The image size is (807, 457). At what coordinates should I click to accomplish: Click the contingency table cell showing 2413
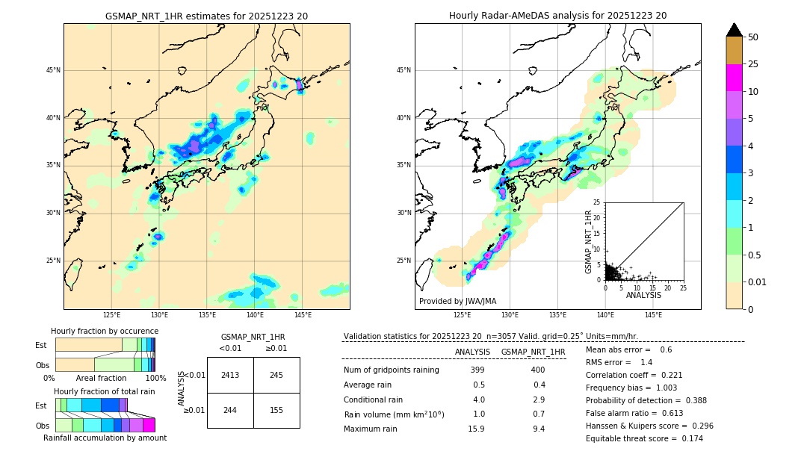pyautogui.click(x=230, y=375)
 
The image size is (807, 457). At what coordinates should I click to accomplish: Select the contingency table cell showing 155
pyautogui.click(x=276, y=411)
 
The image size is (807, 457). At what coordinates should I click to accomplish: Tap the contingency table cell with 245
pyautogui.click(x=276, y=375)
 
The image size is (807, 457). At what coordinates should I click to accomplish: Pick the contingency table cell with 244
pyautogui.click(x=230, y=411)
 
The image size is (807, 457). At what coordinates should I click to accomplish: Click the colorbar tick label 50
pyautogui.click(x=753, y=37)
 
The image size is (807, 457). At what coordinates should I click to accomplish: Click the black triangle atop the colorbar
pyautogui.click(x=735, y=30)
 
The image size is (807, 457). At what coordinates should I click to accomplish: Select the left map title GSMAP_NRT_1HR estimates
pyautogui.click(x=206, y=16)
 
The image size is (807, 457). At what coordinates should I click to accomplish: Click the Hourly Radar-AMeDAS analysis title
pyautogui.click(x=557, y=16)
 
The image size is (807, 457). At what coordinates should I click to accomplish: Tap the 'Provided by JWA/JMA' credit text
pyautogui.click(x=457, y=302)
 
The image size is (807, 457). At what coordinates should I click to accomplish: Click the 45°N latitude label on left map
pyautogui.click(x=53, y=70)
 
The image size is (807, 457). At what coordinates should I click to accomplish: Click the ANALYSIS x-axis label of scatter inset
pyautogui.click(x=643, y=296)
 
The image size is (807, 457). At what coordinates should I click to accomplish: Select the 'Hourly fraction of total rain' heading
pyautogui.click(x=105, y=391)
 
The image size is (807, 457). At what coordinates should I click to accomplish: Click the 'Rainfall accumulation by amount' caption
pyautogui.click(x=105, y=438)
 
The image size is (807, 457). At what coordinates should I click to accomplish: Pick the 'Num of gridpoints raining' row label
pyautogui.click(x=391, y=370)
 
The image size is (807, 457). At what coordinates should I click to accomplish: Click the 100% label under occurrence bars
pyautogui.click(x=155, y=379)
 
